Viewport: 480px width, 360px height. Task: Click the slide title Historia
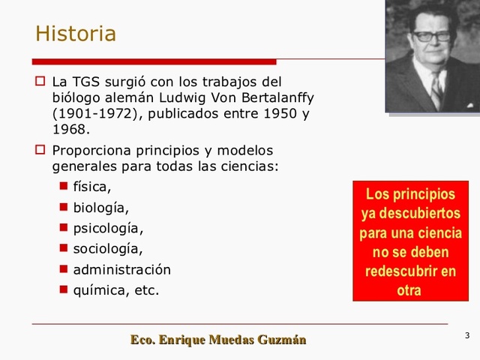point(76,34)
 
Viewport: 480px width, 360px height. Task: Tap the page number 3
point(467,334)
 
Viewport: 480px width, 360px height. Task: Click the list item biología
point(100,208)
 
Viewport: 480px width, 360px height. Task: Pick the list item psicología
point(107,228)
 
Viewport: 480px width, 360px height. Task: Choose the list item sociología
point(107,248)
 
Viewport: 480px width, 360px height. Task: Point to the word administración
point(121,269)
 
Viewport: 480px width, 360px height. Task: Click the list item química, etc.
point(115,289)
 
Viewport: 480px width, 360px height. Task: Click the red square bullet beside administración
point(64,268)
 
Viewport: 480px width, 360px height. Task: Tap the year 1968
point(70,130)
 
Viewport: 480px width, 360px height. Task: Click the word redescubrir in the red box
point(410,271)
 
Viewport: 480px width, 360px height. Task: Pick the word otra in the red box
point(409,289)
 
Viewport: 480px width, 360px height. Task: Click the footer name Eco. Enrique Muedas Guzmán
point(218,340)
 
